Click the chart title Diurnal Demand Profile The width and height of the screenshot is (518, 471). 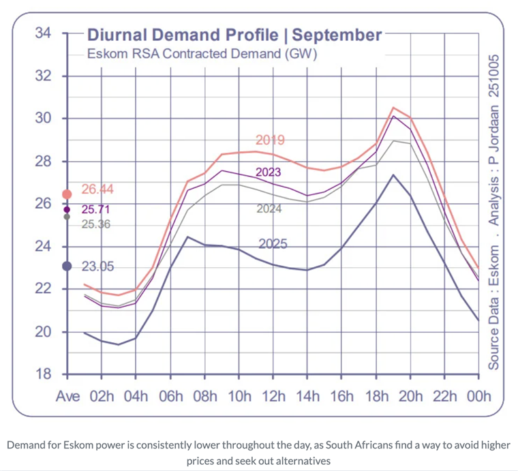tap(233, 34)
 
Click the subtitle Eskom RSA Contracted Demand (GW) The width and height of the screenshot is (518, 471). tap(203, 53)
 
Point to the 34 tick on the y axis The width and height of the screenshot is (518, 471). tap(44, 33)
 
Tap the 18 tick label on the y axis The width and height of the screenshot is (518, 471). tap(44, 374)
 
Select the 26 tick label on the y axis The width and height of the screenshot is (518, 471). tap(44, 203)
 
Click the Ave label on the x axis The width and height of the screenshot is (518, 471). tap(67, 397)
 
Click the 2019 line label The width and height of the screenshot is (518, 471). tap(270, 140)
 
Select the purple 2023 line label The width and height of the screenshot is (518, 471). tap(268, 172)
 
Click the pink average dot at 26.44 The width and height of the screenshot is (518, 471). tap(67, 194)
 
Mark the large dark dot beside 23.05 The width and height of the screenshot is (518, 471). tap(67, 266)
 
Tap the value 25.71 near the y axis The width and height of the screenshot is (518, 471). tap(95, 209)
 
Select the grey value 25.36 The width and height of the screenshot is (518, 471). tap(96, 224)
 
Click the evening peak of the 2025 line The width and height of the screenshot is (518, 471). tap(393, 174)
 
